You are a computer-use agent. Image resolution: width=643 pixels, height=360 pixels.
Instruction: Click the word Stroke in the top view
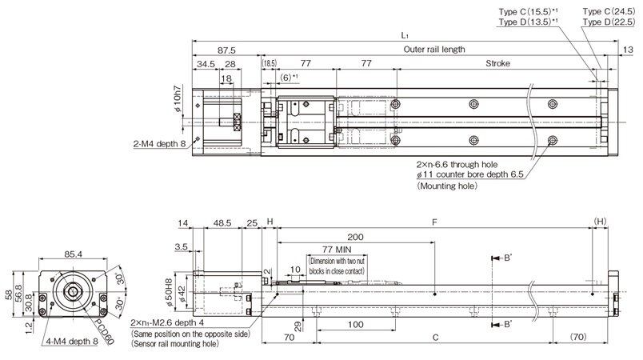(498, 63)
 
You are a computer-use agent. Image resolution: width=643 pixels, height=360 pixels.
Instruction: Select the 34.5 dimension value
(206, 63)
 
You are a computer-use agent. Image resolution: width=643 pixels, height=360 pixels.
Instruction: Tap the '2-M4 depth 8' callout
(158, 145)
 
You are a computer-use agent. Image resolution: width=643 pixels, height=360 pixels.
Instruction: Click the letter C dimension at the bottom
(434, 338)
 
